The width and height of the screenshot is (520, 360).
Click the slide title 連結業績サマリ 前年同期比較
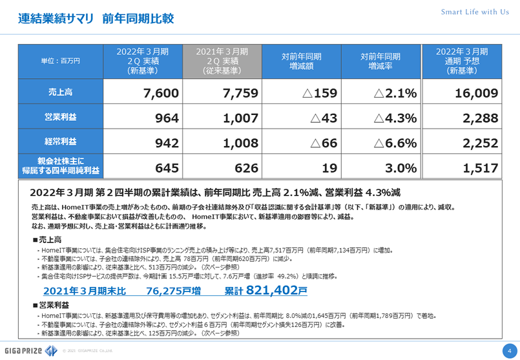point(96,18)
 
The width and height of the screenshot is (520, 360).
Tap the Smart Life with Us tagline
point(475,12)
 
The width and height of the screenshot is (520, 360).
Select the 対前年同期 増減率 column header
point(380,61)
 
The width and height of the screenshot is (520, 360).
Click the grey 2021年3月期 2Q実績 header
point(222,61)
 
